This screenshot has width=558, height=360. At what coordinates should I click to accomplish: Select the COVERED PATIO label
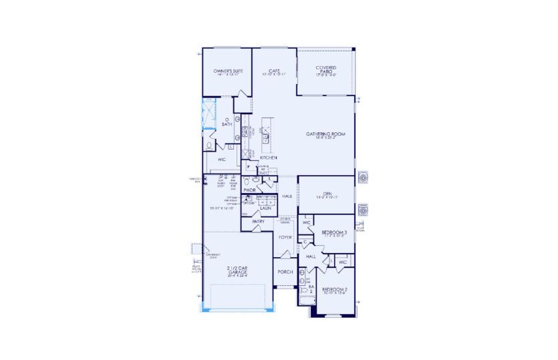click(x=325, y=69)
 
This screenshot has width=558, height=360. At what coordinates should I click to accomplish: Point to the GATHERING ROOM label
click(x=325, y=135)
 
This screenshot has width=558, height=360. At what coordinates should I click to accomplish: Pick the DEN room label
click(x=326, y=194)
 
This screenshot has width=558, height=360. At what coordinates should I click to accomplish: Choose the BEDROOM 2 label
click(x=335, y=289)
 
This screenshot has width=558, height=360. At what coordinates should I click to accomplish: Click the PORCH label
click(x=285, y=272)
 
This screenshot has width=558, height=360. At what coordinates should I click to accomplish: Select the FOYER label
click(x=285, y=237)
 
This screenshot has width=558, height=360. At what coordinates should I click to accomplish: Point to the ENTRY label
click(x=258, y=221)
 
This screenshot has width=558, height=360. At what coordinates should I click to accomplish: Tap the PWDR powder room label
click(x=250, y=190)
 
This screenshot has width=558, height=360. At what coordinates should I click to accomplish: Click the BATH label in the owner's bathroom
click(x=227, y=124)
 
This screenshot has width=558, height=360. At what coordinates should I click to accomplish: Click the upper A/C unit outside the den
click(x=363, y=178)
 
